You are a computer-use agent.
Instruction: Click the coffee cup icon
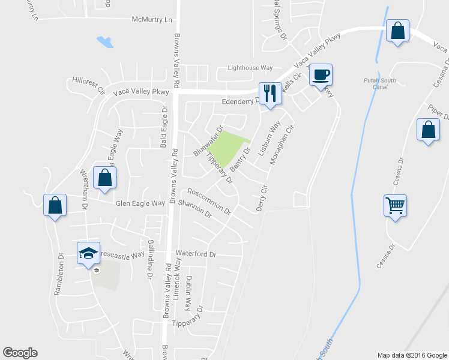click(321, 75)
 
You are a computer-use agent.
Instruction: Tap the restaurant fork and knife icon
click(270, 93)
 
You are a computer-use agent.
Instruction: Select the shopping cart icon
click(395, 206)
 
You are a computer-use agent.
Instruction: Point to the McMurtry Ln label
click(152, 20)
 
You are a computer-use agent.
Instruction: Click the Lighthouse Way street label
click(250, 68)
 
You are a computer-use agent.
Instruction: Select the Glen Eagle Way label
click(140, 203)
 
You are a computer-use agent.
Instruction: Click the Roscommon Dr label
click(209, 201)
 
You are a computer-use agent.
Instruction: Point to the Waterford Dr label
click(195, 254)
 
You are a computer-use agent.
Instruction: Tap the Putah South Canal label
click(376, 83)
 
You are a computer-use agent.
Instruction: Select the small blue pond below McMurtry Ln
click(104, 42)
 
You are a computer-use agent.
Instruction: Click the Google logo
click(20, 353)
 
